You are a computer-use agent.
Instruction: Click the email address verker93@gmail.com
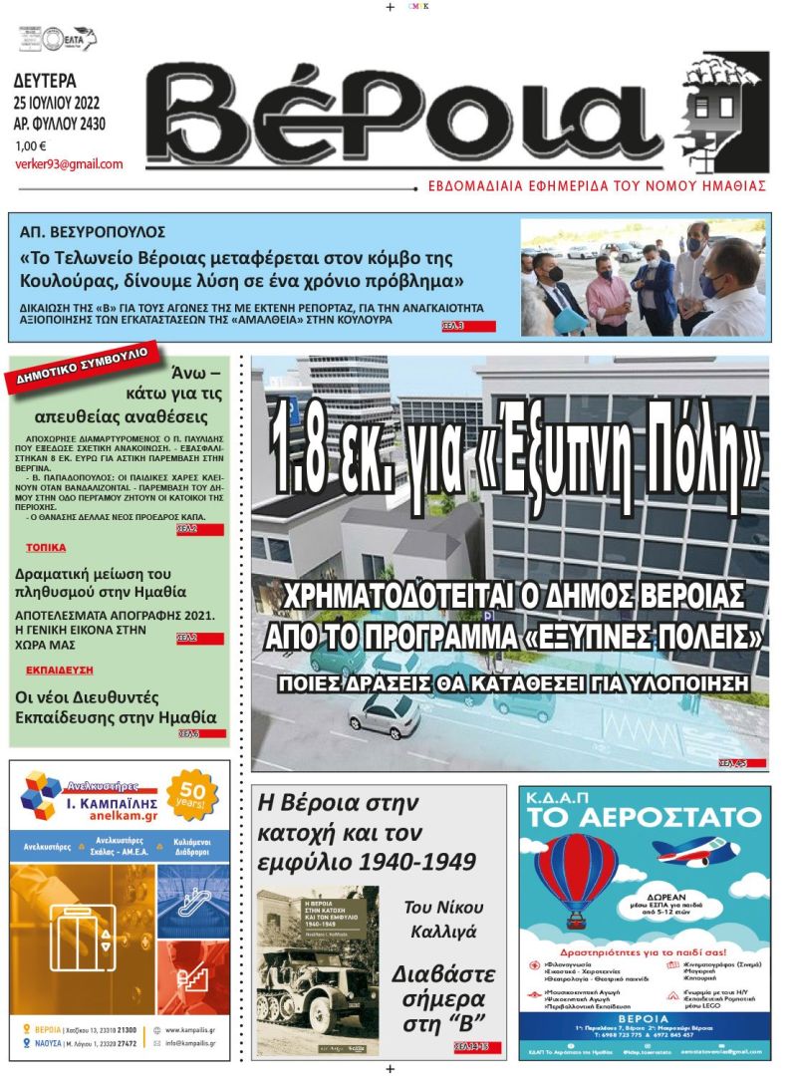click(69, 164)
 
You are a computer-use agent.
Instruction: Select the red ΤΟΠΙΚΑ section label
click(46, 548)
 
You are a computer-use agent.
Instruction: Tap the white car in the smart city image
click(385, 713)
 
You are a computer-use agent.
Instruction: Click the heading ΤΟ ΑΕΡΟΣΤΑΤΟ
click(644, 818)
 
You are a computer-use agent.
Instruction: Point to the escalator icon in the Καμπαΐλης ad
click(194, 901)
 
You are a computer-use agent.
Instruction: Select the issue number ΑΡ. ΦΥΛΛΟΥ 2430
click(60, 125)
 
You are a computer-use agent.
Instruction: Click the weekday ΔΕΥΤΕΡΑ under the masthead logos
click(46, 82)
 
